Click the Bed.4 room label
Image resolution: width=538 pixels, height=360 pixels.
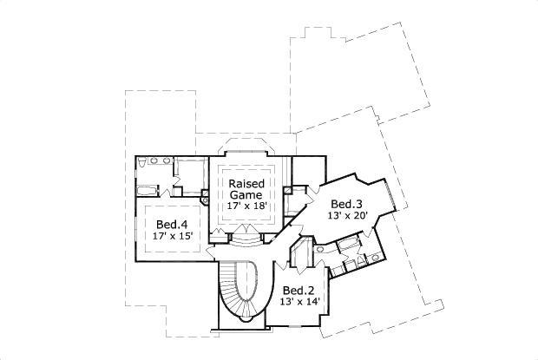point(167,221)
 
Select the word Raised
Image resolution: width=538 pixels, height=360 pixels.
point(247,185)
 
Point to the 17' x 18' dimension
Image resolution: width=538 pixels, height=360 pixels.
point(247,207)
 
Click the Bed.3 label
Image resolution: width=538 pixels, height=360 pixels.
point(346,204)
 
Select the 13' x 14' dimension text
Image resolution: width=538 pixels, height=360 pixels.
point(300,302)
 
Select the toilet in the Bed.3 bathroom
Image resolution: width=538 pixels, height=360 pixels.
point(375,258)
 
